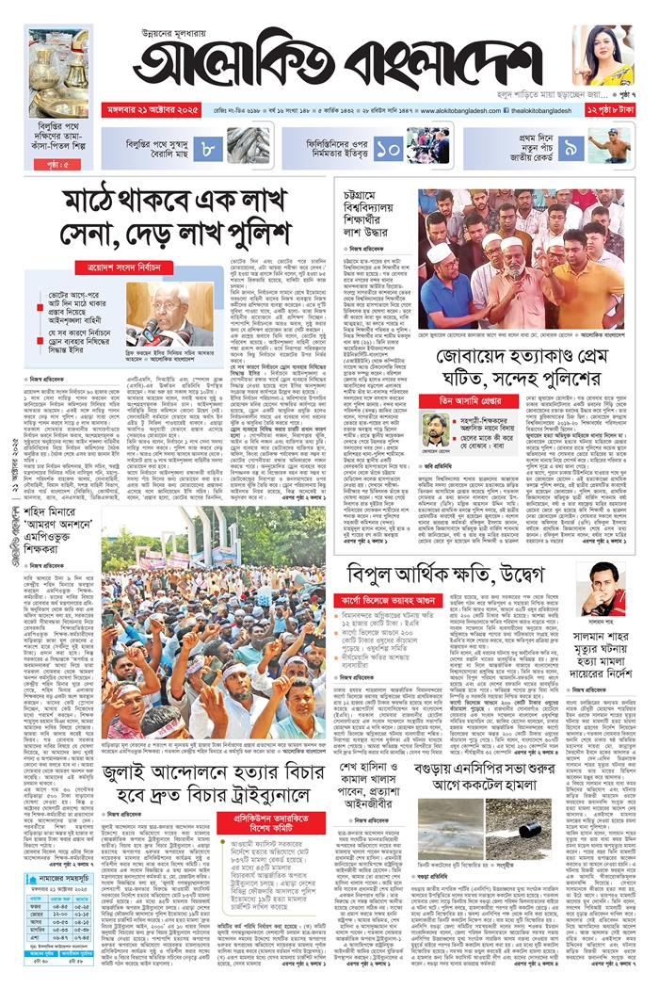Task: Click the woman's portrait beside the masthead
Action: click(x=603, y=55)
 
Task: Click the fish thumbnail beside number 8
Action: click(x=246, y=147)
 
